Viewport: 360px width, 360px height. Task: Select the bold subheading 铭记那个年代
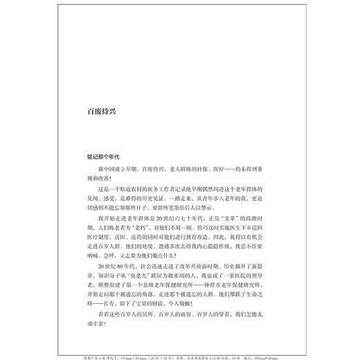tap(100, 158)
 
